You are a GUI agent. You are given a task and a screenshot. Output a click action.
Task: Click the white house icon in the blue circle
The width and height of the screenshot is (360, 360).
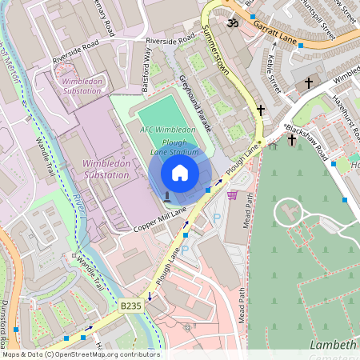(180, 173)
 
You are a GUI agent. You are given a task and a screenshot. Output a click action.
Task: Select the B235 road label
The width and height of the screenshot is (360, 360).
(130, 306)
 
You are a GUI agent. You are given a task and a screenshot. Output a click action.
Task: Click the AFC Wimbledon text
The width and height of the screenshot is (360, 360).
(168, 130)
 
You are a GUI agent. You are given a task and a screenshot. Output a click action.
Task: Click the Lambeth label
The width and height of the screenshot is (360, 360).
(332, 345)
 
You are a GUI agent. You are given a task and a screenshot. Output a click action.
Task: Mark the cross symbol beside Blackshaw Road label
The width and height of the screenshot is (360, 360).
(292, 140)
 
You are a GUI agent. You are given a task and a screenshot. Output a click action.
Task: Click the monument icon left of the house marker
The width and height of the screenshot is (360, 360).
(166, 196)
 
